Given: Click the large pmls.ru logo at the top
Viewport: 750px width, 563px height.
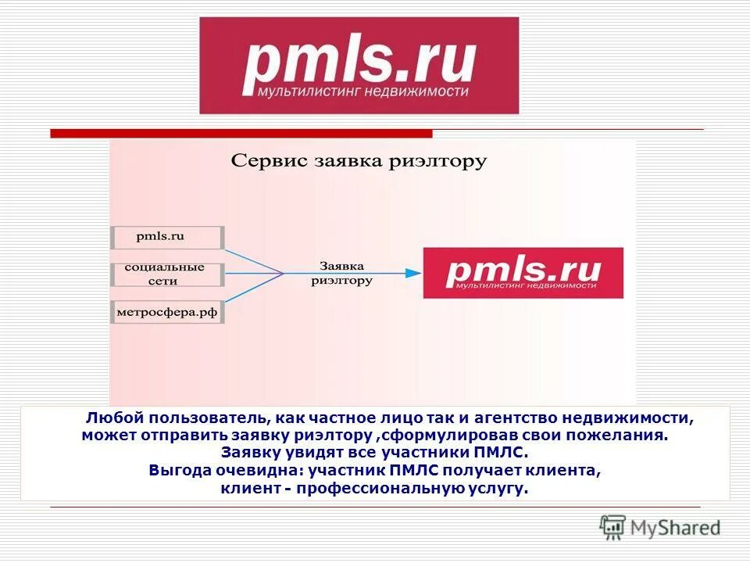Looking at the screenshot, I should pyautogui.click(x=359, y=66).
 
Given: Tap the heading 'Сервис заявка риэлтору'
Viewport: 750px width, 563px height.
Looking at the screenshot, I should pyautogui.click(x=359, y=162).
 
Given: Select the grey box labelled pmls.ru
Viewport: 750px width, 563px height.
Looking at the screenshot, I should pyautogui.click(x=167, y=236).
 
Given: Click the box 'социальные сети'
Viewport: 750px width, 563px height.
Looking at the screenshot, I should pyautogui.click(x=167, y=274).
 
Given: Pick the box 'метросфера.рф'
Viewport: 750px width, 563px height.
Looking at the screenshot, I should pyautogui.click(x=167, y=313).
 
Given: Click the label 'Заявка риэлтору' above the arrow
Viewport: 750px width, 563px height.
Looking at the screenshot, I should pyautogui.click(x=341, y=272).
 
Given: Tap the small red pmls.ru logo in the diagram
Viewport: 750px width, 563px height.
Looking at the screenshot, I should pyautogui.click(x=523, y=273).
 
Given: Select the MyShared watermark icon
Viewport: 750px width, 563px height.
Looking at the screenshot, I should pyautogui.click(x=613, y=528).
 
